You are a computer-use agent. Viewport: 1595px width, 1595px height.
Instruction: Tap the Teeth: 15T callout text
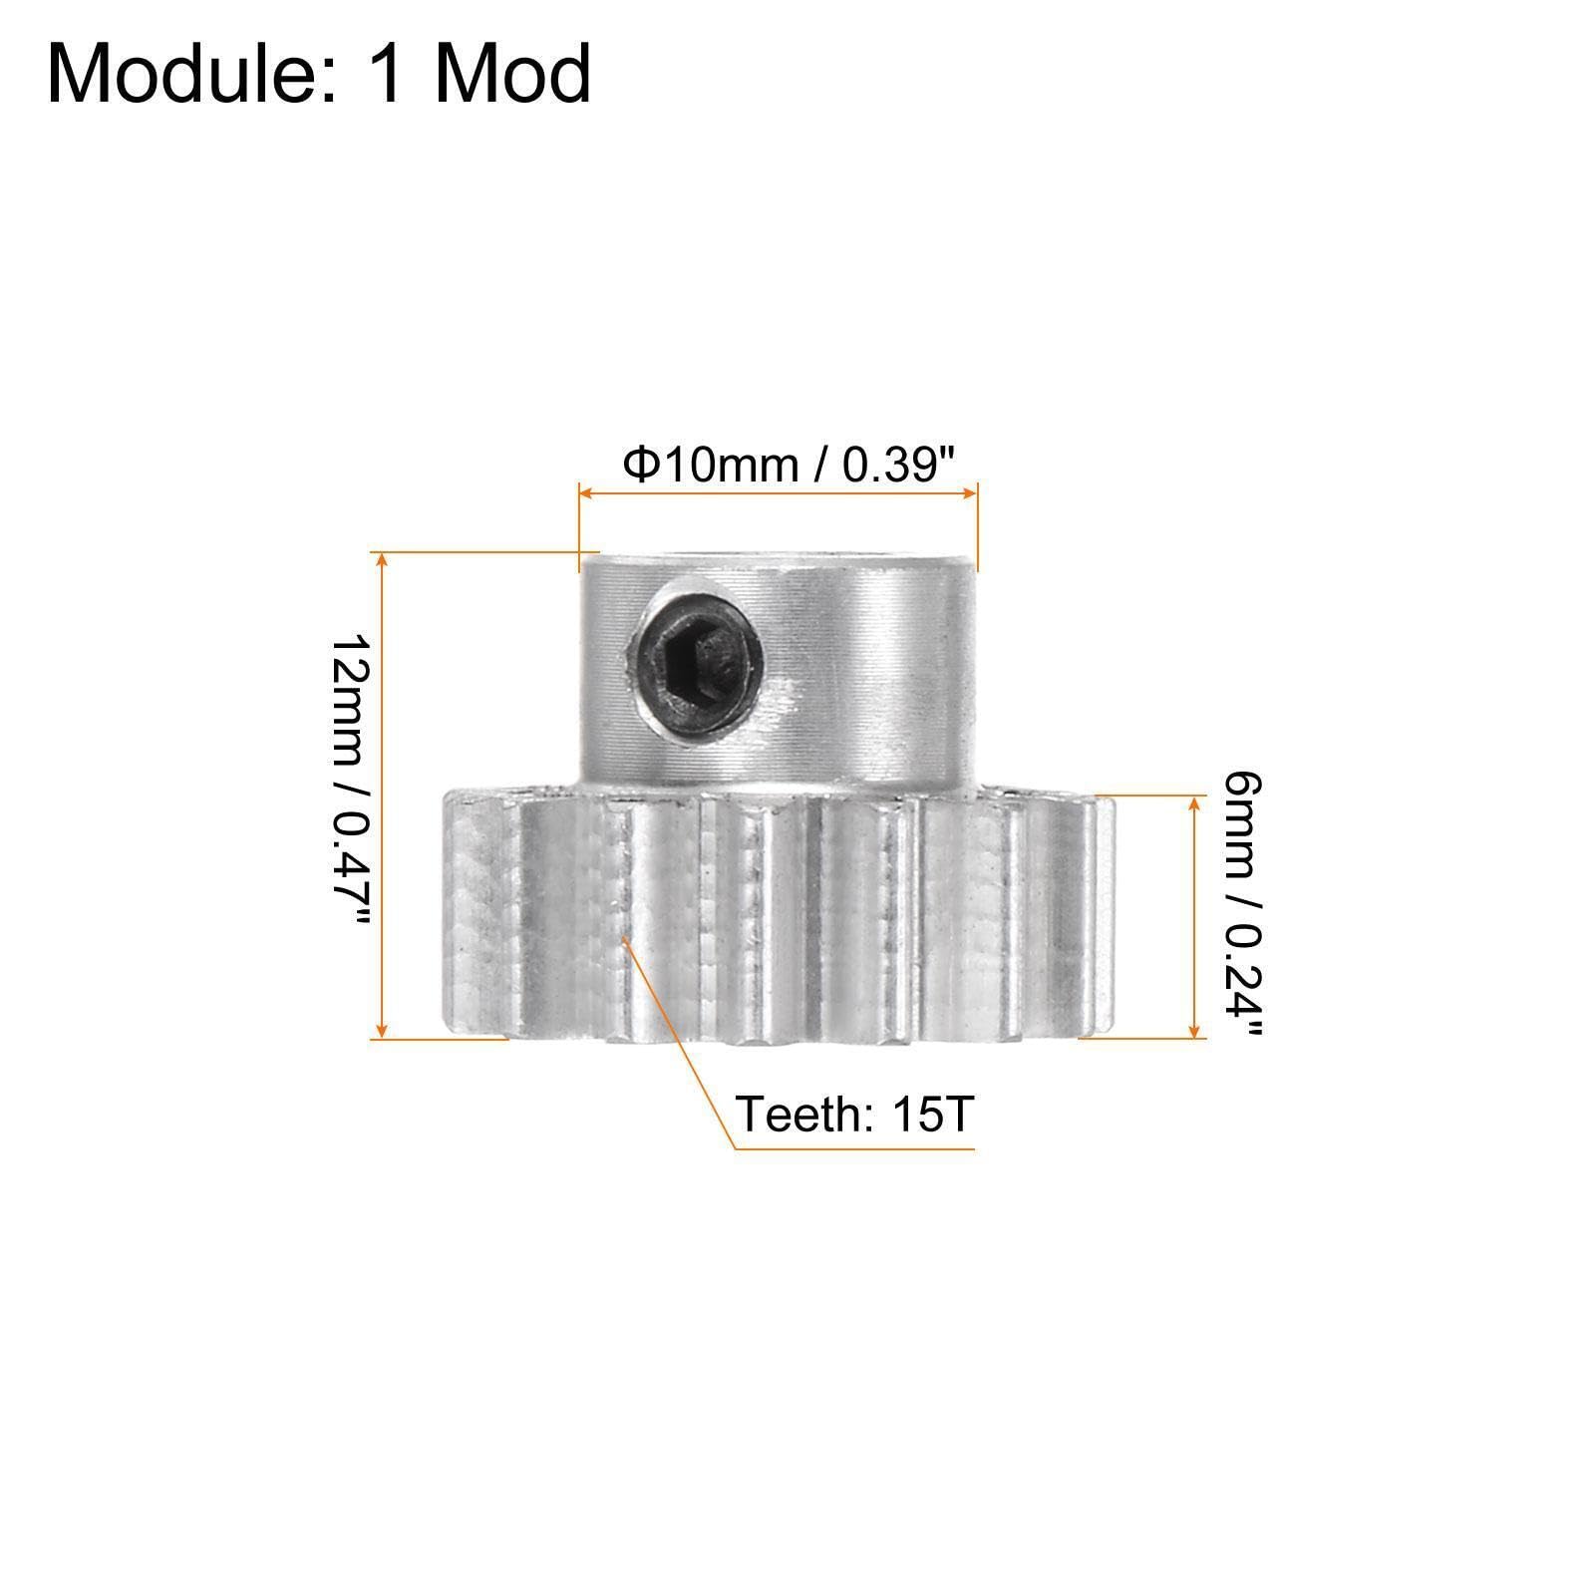[x=852, y=1114]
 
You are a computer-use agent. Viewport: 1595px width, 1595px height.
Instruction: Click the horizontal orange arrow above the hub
[x=778, y=491]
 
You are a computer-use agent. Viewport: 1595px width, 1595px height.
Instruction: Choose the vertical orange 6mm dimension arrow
[x=1193, y=917]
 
